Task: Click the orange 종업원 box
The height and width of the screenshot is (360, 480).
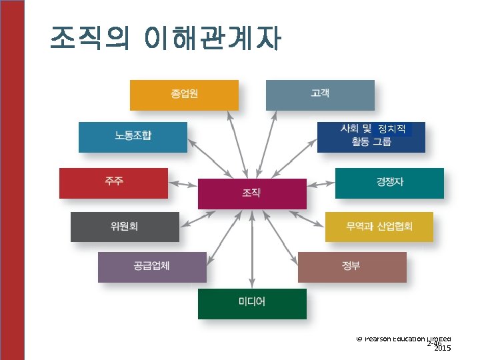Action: coord(183,95)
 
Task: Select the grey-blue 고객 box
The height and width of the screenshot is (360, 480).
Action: coord(320,95)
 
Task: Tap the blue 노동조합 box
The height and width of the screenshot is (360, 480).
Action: coord(133,136)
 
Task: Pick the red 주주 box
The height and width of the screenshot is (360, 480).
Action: coord(113,183)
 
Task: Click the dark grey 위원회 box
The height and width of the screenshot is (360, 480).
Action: coord(125,227)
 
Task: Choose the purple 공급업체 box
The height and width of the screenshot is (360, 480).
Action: coord(152,267)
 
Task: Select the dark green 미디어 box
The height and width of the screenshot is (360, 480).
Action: coord(252,303)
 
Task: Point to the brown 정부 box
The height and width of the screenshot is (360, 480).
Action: coord(351,267)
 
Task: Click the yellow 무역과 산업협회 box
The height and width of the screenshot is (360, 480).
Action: coord(379,227)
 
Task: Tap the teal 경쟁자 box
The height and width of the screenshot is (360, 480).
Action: coord(389,183)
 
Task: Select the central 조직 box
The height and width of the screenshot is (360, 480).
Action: coord(252,193)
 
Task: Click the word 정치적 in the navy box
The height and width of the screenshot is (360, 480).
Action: coord(391,128)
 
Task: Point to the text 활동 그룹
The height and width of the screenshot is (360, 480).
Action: coord(371,142)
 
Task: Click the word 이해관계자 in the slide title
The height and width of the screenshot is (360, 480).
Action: coord(212,39)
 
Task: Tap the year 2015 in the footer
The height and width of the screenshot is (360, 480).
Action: coord(442,348)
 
